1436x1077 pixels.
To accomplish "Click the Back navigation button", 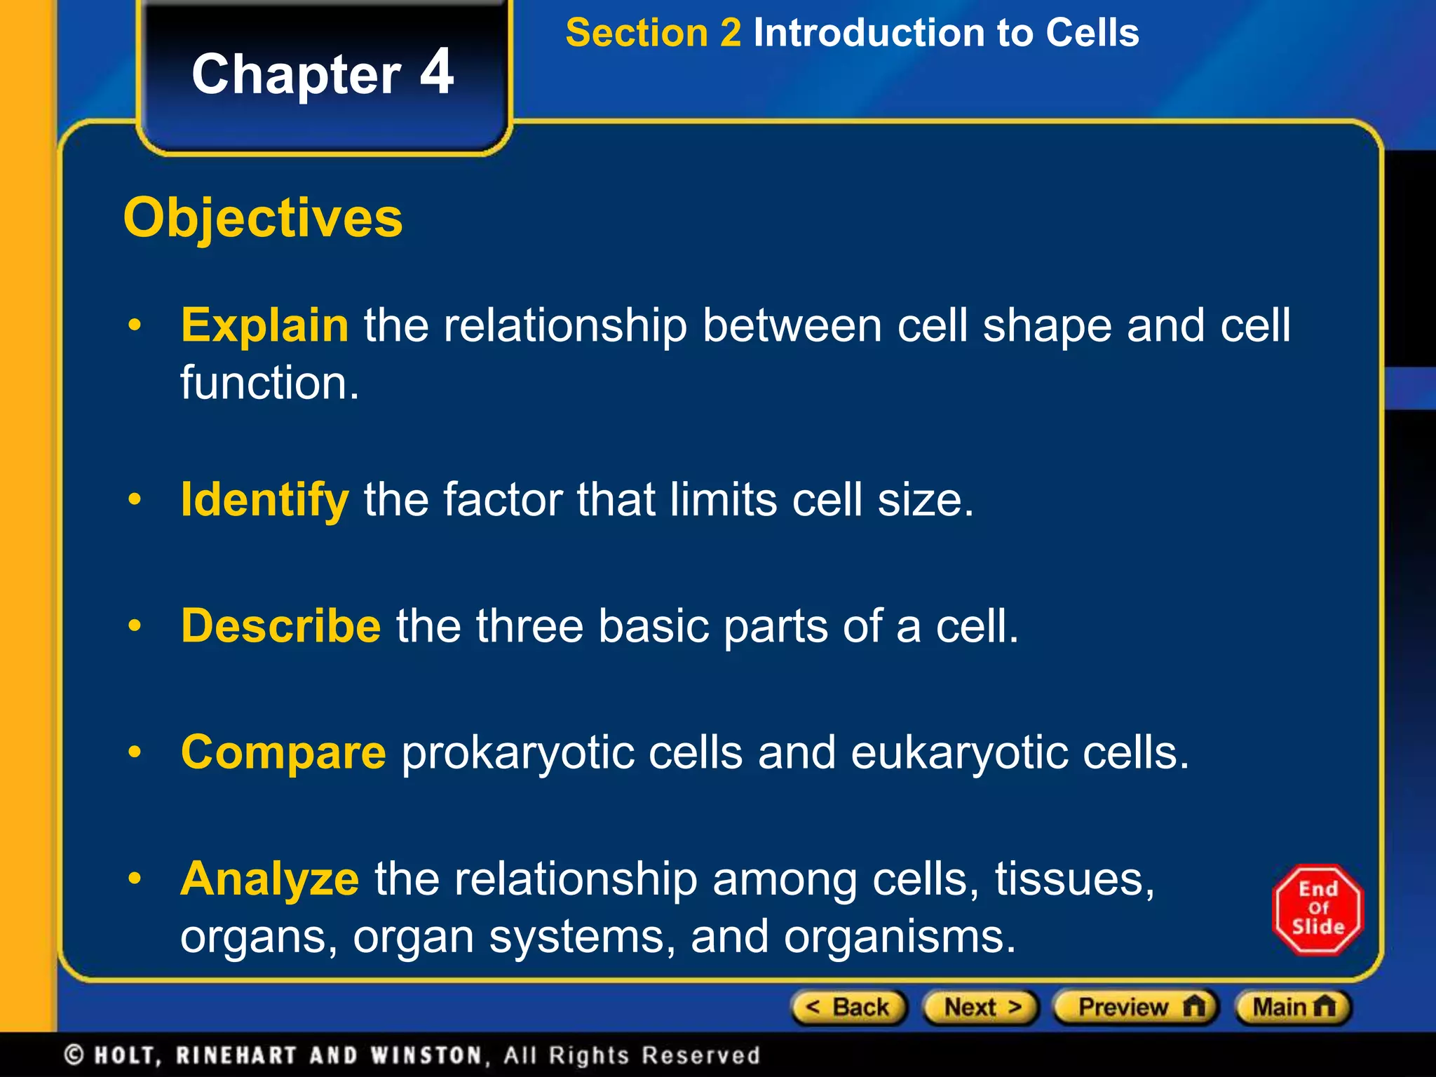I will click(x=849, y=1008).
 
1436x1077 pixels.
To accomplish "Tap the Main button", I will click(x=1292, y=1008).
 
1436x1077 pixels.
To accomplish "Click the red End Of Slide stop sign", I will click(x=1318, y=909).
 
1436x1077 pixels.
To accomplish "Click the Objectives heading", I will click(x=263, y=218).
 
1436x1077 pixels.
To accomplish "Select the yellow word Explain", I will click(x=265, y=325).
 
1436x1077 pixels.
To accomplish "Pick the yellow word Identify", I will click(x=265, y=500).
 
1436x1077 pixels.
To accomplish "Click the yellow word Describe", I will click(x=280, y=625).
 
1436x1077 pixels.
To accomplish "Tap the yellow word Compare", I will click(x=283, y=752).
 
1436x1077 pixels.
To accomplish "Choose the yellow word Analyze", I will click(x=270, y=879).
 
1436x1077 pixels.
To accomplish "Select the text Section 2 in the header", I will click(x=653, y=33).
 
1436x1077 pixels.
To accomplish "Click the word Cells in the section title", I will click(x=1092, y=33).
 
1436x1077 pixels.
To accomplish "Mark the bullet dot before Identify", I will click(x=135, y=500).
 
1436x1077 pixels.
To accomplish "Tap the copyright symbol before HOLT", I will click(x=74, y=1055).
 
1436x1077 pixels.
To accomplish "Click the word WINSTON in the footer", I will click(x=426, y=1055).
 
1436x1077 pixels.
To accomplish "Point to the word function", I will click(x=269, y=383).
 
